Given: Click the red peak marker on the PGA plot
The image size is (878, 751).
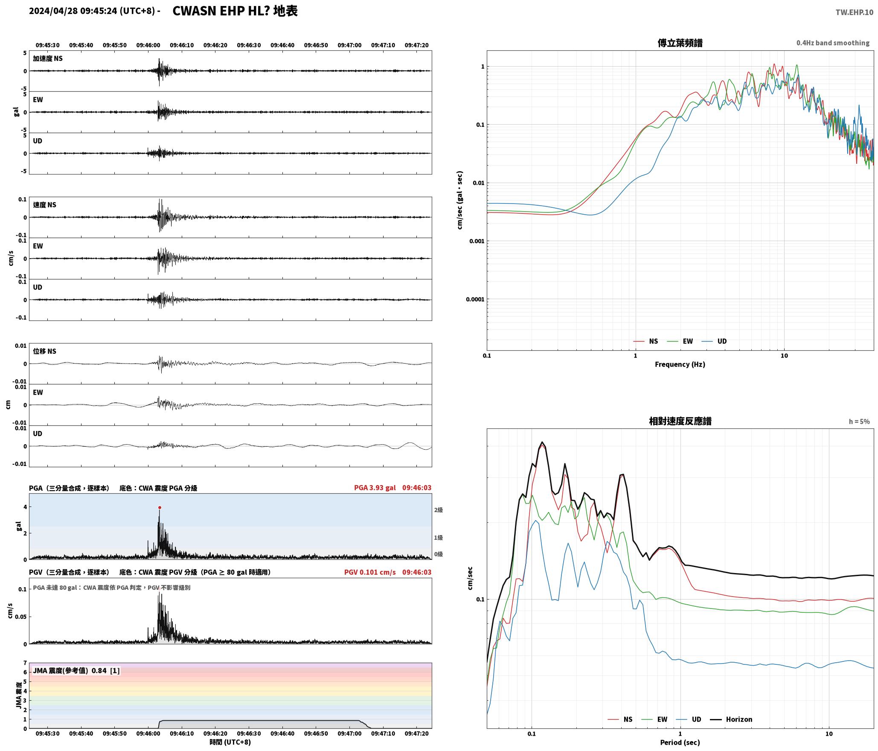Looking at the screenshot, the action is pos(160,508).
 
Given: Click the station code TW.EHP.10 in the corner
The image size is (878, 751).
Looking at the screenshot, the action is pos(854,12).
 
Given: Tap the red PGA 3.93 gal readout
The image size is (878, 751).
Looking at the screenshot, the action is pos(375,488).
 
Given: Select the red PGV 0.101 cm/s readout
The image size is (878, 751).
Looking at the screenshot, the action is pos(370,572).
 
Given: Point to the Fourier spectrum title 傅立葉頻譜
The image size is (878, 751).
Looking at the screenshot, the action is pos(680,43).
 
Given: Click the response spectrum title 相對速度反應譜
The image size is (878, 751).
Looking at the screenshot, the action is pos(680,421).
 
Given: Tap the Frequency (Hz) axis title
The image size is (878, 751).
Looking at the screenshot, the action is pos(680,364).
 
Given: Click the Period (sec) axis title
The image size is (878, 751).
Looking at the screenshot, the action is pos(680,742).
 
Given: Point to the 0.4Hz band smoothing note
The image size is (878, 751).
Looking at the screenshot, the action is pos(833,43).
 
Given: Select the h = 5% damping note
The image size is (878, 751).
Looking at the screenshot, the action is pos(859,422).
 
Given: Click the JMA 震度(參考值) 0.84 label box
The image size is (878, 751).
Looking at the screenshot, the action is pos(76,671).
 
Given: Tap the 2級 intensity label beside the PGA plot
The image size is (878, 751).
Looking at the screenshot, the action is pos(439,510).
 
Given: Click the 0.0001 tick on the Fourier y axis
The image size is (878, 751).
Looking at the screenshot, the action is pos(475,299).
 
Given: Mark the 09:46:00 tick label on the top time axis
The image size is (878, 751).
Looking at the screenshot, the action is pos(148,45).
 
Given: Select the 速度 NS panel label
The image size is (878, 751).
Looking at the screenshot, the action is pos(45,205).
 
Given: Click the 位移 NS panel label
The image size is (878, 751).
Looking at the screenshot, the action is pos(45,351).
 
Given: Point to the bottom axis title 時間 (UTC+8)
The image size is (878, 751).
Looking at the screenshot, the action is pos(230,742).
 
